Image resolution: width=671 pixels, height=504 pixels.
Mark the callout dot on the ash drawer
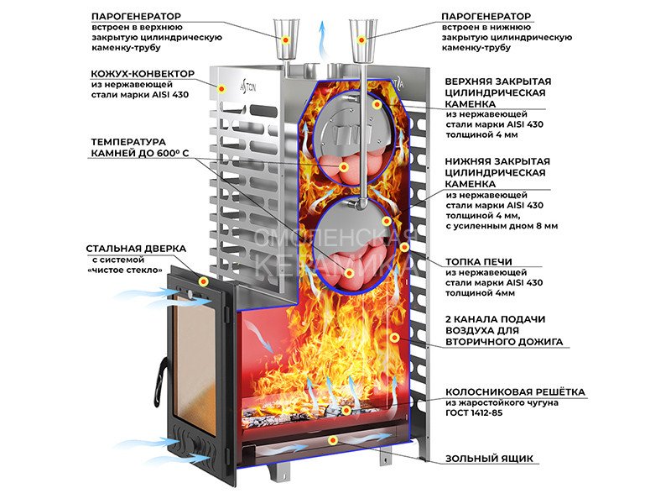[x=333, y=440]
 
